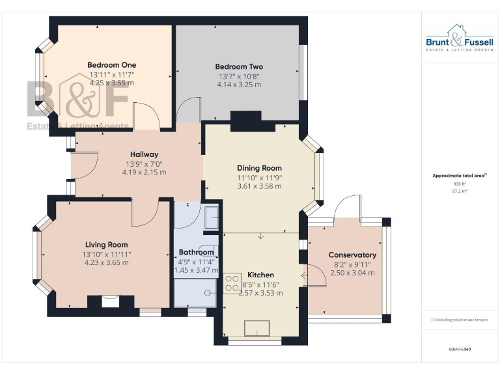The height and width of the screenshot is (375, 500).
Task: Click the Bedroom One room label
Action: click(111, 64)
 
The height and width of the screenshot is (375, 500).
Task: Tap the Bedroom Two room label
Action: click(239, 66)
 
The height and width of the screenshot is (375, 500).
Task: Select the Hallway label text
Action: click(144, 154)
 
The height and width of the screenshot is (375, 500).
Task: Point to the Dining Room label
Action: click(258, 168)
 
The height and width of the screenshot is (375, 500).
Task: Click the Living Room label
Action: click(106, 244)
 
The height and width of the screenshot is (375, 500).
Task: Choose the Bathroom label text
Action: click(196, 252)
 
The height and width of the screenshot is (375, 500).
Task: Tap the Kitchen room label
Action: click(260, 275)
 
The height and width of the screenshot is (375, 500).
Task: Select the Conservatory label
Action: click(352, 255)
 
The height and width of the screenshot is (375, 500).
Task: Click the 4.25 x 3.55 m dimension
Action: click(111, 83)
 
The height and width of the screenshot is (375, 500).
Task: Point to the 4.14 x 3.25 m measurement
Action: click(239, 85)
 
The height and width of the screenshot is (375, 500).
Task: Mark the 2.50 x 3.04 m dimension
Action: click(352, 273)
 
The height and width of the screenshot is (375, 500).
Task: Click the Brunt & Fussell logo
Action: click(460, 39)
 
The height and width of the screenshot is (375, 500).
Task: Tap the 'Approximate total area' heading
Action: click(459, 176)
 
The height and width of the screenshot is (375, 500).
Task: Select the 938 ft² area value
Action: click(459, 184)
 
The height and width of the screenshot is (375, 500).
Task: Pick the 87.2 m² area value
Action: click(459, 191)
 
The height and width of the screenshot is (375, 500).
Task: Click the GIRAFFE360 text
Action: click(459, 350)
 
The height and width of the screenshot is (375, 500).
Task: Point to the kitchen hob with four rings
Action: click(231, 283)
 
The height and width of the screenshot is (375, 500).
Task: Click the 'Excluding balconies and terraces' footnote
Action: click(459, 320)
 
